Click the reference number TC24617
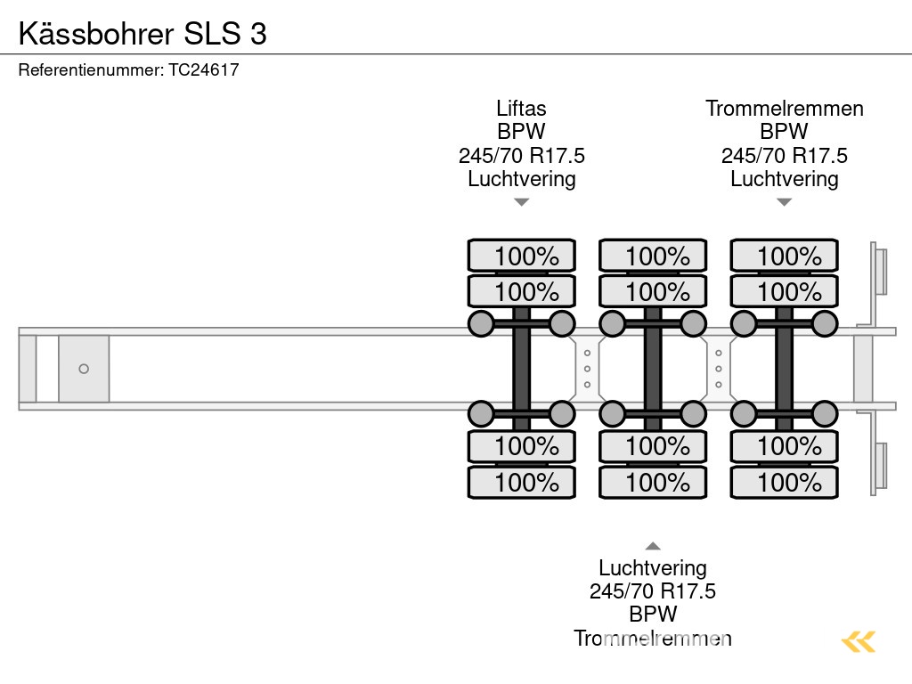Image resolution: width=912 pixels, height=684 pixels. pyautogui.click(x=203, y=69)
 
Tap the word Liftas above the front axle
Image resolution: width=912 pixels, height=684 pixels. pyautogui.click(x=521, y=109)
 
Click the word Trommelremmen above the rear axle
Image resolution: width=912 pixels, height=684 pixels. pyautogui.click(x=784, y=109)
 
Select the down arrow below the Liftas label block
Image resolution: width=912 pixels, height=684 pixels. pyautogui.click(x=521, y=202)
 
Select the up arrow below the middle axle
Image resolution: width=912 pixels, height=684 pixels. pyautogui.click(x=653, y=546)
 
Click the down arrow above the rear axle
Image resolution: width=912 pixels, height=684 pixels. pyautogui.click(x=784, y=202)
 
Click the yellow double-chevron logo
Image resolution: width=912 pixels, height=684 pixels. pyautogui.click(x=858, y=641)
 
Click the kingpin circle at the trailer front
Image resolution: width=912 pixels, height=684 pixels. pyautogui.click(x=84, y=369)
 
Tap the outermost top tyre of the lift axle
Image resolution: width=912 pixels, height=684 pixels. pyautogui.click(x=521, y=256)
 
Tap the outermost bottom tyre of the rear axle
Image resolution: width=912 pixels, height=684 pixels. pyautogui.click(x=784, y=482)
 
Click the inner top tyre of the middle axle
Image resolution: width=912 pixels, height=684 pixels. pyautogui.click(x=653, y=291)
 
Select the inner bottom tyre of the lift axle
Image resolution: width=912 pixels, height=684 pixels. pyautogui.click(x=521, y=445)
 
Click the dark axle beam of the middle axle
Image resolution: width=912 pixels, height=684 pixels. pyautogui.click(x=653, y=369)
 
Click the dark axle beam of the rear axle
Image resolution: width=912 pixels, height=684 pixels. pyautogui.click(x=784, y=369)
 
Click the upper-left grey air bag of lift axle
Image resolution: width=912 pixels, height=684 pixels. pyautogui.click(x=481, y=323)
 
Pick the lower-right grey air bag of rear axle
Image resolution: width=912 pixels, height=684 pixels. pyautogui.click(x=825, y=413)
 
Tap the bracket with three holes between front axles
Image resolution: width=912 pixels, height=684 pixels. pyautogui.click(x=587, y=369)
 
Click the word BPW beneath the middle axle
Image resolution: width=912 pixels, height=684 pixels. pyautogui.click(x=653, y=614)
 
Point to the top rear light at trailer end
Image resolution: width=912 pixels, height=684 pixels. pyautogui.click(x=880, y=271)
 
